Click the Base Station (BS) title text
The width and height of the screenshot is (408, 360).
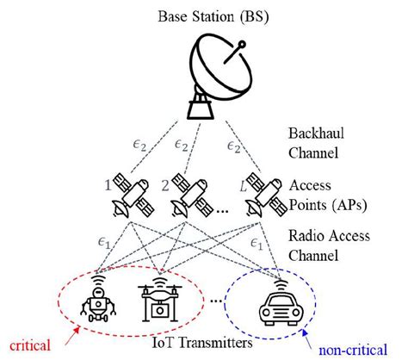(213, 17)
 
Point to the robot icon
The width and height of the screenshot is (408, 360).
(98, 299)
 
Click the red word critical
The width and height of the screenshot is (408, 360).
(30, 344)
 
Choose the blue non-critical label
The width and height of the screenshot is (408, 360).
(353, 351)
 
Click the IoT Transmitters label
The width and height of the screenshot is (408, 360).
(202, 343)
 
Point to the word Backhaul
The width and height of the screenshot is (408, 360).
(316, 133)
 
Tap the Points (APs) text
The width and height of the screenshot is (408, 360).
(328, 206)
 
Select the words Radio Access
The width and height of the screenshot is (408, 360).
(329, 236)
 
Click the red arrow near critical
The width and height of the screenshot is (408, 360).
(72, 335)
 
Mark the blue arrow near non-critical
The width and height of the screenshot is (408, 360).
(307, 338)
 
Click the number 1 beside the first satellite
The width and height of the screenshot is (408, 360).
(108, 186)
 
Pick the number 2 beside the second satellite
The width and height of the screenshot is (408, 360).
(165, 186)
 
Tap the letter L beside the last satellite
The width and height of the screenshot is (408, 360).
(244, 187)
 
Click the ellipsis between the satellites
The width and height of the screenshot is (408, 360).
(222, 212)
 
